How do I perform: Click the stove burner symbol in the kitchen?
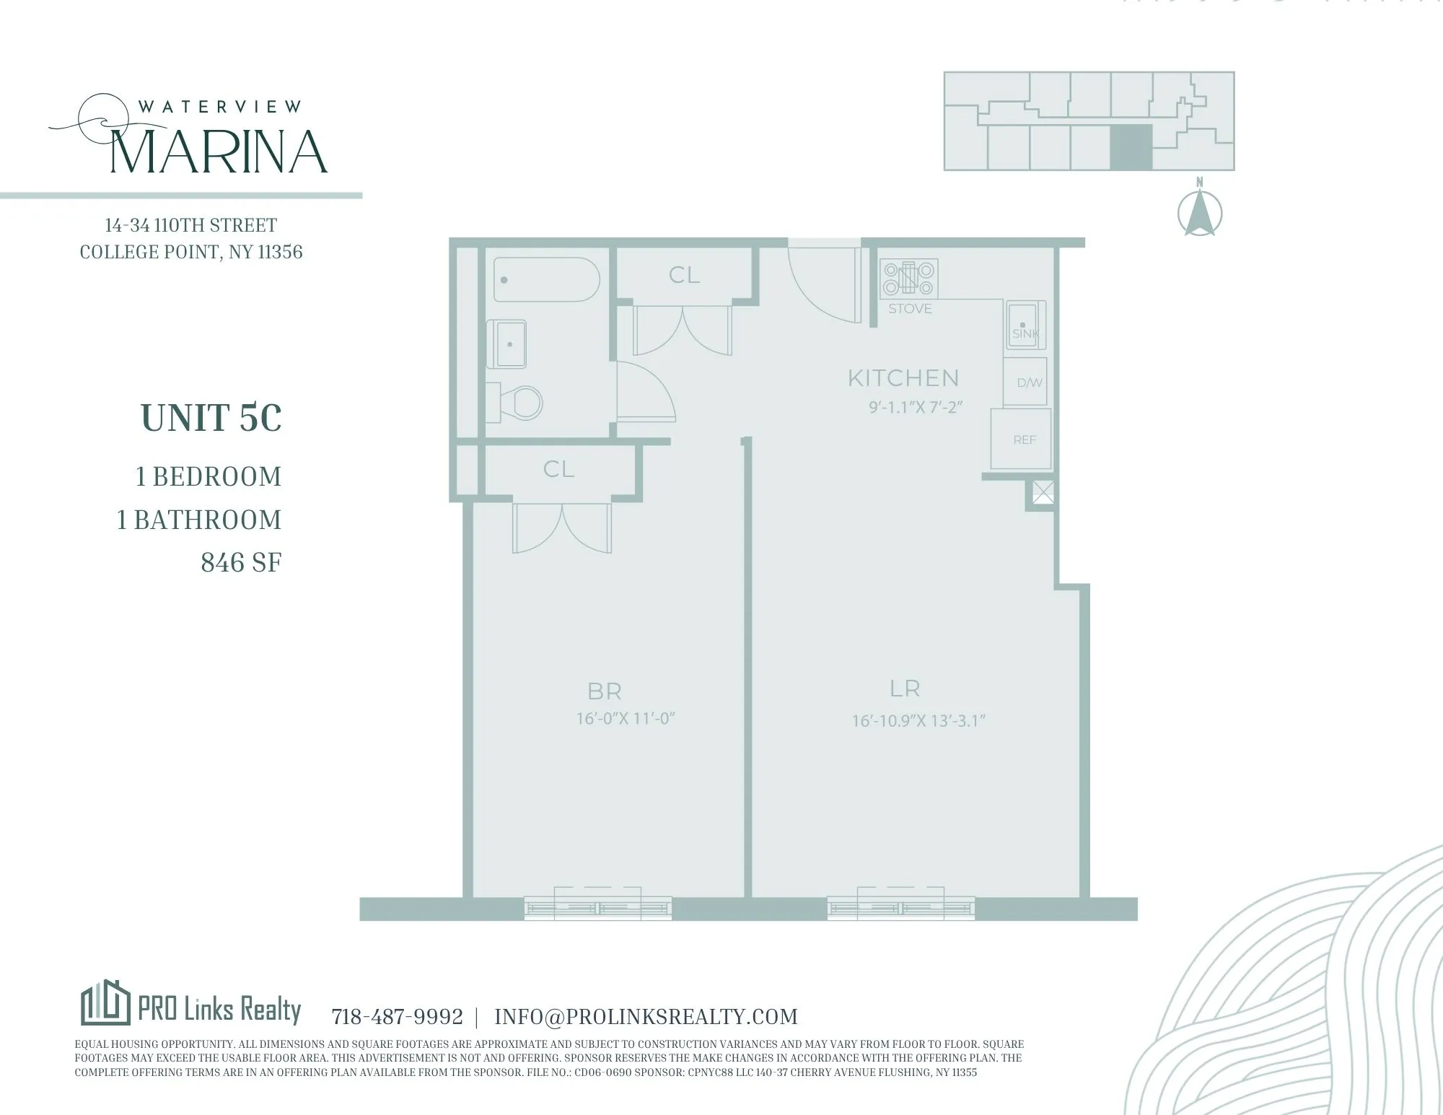(x=909, y=279)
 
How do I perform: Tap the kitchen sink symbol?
(x=1025, y=325)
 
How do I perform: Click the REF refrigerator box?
(x=1022, y=439)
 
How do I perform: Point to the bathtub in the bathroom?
(x=546, y=280)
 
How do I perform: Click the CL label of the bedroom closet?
(x=559, y=469)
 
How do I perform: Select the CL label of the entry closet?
(x=684, y=275)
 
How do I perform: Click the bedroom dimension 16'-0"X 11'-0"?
(x=625, y=719)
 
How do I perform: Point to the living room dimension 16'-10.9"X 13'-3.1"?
(x=918, y=720)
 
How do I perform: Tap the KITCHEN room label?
(x=903, y=378)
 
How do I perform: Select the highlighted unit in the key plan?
(x=1130, y=147)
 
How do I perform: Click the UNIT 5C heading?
(x=211, y=418)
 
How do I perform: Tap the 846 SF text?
(x=241, y=563)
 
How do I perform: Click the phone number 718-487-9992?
(x=397, y=1017)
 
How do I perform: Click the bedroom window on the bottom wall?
(x=597, y=907)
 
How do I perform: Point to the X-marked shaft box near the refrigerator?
(x=1043, y=492)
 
